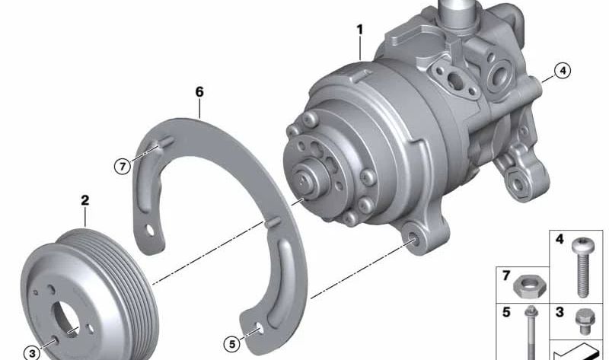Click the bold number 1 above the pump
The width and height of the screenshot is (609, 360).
pos(360,30)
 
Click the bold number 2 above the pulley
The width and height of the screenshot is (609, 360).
pos(85,200)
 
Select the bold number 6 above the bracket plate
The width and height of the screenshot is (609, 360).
pos(199,92)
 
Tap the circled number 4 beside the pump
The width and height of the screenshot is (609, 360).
pos(563,71)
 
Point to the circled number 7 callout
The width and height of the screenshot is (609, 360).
pos(123,167)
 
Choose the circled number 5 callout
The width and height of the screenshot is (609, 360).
pos(232,344)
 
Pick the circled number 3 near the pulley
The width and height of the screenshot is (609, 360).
pos(32,353)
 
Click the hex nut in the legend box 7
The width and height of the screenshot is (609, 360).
pos(529,288)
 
